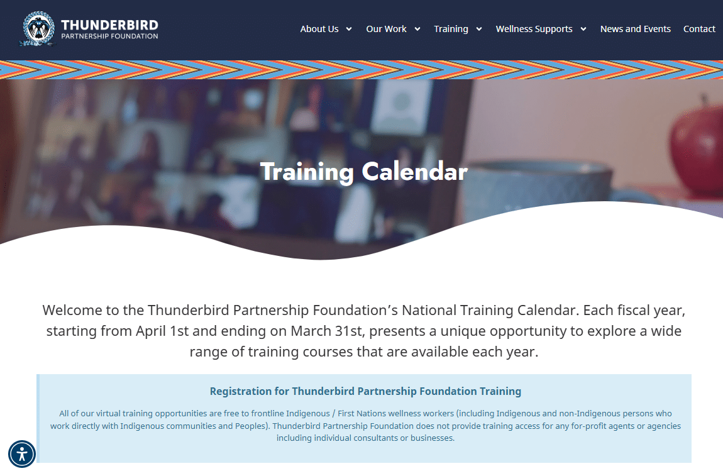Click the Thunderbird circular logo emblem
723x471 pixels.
(39, 28)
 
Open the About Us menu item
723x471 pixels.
(319, 29)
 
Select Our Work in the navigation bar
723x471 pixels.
(386, 29)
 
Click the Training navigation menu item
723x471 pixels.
(451, 29)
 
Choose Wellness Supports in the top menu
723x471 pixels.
(534, 29)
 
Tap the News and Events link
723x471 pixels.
(635, 29)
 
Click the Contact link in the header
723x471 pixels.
(699, 29)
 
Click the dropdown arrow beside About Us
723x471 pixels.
(349, 29)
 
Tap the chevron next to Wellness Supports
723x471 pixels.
(583, 29)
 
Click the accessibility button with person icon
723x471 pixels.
(22, 453)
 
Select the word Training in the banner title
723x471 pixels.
(307, 172)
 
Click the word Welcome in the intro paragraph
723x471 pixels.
(70, 310)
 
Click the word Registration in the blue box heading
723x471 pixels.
(241, 391)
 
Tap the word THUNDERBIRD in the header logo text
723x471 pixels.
(109, 25)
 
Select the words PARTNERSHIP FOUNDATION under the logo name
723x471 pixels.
(109, 36)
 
